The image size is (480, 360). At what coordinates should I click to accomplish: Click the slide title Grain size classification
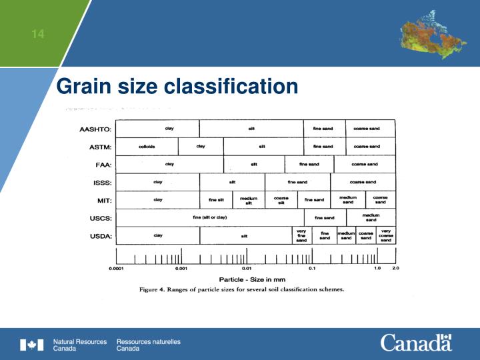[177, 87]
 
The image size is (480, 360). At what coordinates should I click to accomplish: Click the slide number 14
[38, 34]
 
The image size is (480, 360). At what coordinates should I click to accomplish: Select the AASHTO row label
[96, 129]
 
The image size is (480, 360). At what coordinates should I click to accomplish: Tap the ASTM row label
[100, 147]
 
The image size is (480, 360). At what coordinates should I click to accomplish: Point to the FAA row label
[104, 165]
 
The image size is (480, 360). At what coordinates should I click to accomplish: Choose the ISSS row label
[103, 183]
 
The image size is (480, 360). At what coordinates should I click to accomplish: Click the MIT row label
[105, 200]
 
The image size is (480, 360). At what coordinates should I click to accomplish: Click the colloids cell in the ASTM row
[147, 146]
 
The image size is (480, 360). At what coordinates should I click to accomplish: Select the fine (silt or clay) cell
[210, 217]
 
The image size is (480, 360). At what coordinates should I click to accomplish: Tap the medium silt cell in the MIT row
[249, 200]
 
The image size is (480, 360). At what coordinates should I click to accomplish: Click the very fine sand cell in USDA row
[301, 235]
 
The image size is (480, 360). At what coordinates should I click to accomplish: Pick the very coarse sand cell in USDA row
[385, 235]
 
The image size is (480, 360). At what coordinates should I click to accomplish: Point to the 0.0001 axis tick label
[117, 269]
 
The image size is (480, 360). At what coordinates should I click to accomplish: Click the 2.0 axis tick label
[395, 268]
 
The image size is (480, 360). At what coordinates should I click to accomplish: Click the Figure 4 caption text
[241, 290]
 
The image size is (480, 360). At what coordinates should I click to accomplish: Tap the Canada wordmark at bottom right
[416, 343]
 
